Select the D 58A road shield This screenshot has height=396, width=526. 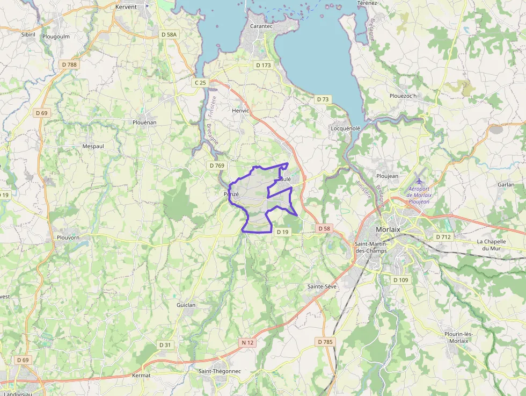click(169, 34)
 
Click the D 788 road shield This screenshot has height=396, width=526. click(69, 64)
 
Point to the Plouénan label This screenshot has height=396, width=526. click(144, 123)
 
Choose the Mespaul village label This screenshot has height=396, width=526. click(93, 146)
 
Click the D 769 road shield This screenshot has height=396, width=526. click(217, 165)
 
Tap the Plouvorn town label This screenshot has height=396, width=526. click(68, 237)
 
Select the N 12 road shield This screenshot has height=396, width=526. click(247, 342)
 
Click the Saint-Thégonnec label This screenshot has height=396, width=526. click(220, 371)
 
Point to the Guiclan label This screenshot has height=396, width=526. click(186, 305)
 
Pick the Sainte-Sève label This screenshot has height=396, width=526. click(322, 286)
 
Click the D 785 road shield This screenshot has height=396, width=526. click(325, 342)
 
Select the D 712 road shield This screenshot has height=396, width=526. click(443, 237)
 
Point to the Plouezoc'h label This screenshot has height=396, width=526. click(403, 96)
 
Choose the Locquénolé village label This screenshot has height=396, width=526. click(346, 128)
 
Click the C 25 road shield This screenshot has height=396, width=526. click(200, 83)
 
